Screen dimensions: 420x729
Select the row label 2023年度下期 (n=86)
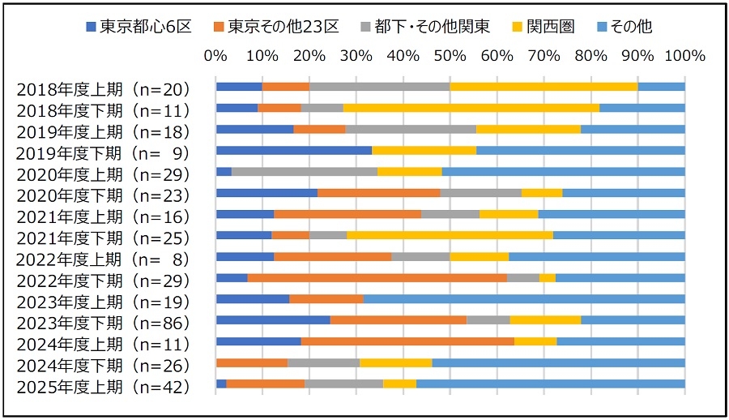pos(103,323)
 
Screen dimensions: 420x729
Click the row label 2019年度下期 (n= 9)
pos(103,153)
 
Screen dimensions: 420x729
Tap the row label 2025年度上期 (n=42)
pos(103,386)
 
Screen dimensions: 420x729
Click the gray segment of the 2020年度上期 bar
pos(305,171)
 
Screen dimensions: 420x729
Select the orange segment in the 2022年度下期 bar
pos(377,277)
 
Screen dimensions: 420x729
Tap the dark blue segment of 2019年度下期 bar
pos(293,150)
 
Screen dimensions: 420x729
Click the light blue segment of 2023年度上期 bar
pos(524,298)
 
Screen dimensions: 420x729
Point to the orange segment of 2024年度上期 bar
pos(407,341)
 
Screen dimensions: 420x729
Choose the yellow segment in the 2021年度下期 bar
pos(450,235)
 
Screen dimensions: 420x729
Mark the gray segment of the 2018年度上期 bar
pos(379,87)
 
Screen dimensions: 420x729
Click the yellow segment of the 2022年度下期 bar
pos(548,277)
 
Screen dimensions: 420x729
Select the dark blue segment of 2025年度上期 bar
pos(221,384)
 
